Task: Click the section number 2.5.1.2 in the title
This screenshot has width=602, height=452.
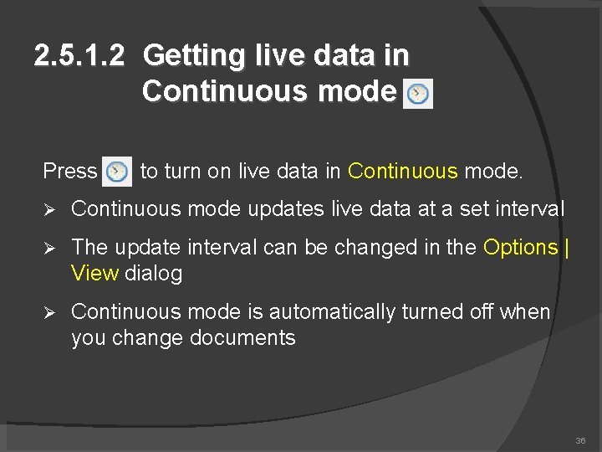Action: pos(79,56)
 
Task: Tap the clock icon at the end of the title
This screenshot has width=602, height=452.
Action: pos(418,94)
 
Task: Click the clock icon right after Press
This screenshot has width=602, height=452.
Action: pos(118,172)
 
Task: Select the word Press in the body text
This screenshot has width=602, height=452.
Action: pos(70,172)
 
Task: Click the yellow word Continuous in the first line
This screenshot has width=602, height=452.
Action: pos(403,172)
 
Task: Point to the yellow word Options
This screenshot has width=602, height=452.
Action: pos(520,248)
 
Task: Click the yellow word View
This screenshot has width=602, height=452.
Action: pos(95,274)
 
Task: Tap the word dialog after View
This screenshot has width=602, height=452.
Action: pos(153,274)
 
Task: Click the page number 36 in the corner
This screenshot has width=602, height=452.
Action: pos(580,440)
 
